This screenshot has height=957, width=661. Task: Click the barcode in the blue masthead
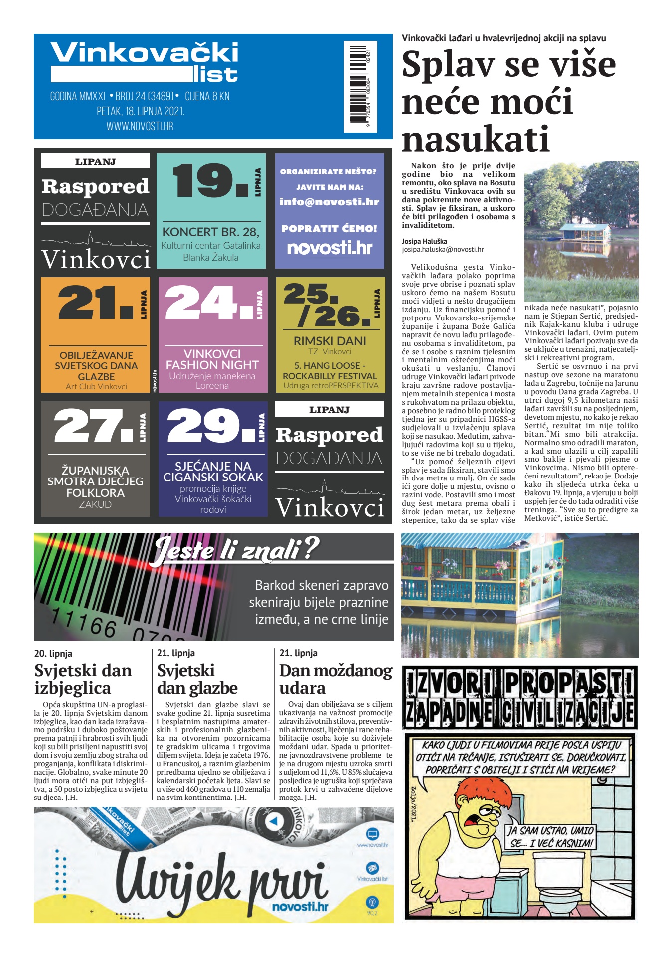(360, 86)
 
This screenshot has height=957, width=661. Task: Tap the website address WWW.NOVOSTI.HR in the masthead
(140, 127)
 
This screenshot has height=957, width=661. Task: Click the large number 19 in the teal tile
(209, 180)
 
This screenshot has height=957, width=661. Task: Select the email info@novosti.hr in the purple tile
(329, 202)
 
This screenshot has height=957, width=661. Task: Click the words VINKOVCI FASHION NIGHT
(212, 359)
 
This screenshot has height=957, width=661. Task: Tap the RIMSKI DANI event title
(330, 341)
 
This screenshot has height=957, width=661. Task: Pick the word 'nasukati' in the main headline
(476, 139)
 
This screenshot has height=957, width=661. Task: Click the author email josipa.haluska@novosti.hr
(443, 250)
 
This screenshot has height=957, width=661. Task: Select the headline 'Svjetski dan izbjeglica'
(83, 679)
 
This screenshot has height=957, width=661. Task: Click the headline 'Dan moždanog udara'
(335, 679)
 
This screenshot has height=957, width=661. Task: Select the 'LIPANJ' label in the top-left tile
(95, 161)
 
